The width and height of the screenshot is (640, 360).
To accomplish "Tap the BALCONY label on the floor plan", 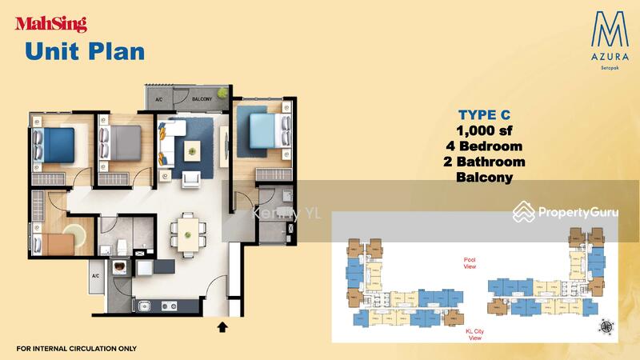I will (202, 98).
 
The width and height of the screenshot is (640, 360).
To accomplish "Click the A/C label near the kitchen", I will (96, 276).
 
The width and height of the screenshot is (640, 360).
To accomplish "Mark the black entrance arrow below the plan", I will (222, 326).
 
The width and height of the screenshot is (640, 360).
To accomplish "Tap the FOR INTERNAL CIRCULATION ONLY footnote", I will (76, 349).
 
